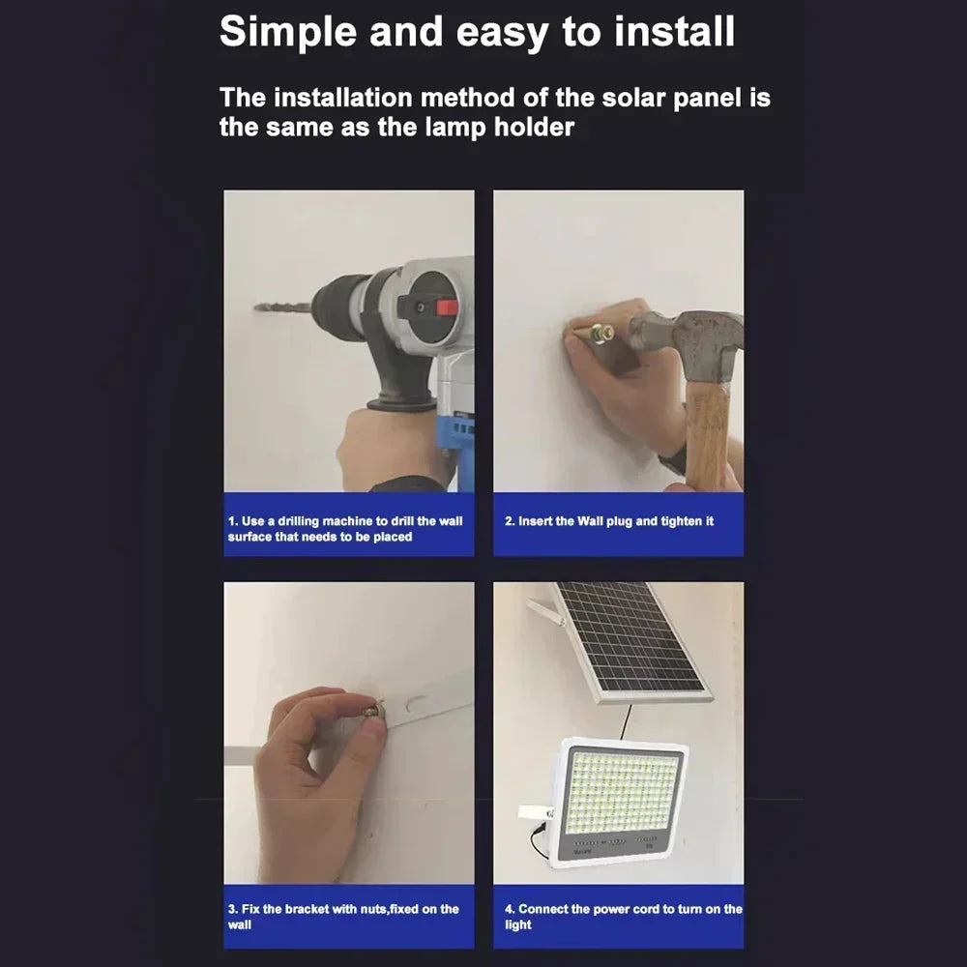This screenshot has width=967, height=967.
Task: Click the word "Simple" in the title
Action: [x=288, y=32]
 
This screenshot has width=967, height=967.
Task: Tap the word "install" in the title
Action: [x=674, y=31]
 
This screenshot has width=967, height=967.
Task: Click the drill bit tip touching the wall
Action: [x=256, y=307]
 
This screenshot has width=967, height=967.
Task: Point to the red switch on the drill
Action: [x=447, y=308]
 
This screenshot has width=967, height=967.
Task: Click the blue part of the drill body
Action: [x=456, y=431]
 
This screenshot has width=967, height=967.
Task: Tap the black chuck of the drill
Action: [x=340, y=308]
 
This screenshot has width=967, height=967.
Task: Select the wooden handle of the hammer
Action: [x=708, y=431]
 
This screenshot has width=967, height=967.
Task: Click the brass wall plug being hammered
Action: [x=601, y=335]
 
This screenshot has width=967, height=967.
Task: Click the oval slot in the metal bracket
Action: [x=415, y=704]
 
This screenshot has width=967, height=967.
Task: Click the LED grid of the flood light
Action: [x=623, y=791]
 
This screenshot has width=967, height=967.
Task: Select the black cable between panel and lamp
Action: [x=626, y=721]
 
